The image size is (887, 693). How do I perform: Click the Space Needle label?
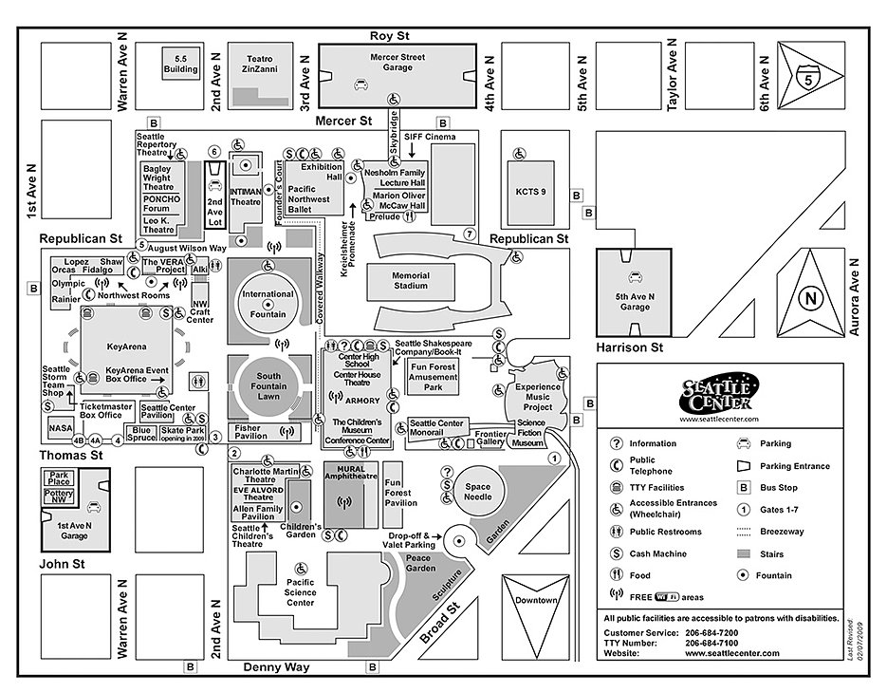[x=477, y=492]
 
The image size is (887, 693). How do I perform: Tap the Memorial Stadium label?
[x=410, y=281]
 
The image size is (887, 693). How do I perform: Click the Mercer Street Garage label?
[x=397, y=63]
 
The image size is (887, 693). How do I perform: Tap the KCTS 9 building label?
[x=530, y=192]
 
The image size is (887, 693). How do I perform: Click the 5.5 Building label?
[x=179, y=64]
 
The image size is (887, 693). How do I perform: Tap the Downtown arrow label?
[x=537, y=601]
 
